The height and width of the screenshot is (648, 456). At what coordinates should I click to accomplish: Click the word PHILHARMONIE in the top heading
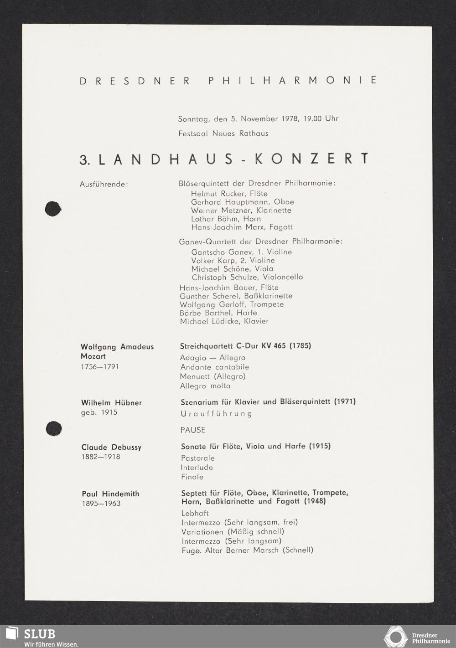tap(293, 80)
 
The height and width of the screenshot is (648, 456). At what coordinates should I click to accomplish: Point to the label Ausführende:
tap(104, 185)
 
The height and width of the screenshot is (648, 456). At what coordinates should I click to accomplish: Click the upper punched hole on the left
tap(53, 209)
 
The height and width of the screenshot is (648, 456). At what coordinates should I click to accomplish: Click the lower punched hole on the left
tap(54, 428)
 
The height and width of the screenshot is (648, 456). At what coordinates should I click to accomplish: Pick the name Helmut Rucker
tap(218, 194)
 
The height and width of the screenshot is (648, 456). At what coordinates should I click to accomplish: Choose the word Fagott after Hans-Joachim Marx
tap(281, 227)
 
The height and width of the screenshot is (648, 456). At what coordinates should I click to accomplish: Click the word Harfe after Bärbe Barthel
tap(247, 313)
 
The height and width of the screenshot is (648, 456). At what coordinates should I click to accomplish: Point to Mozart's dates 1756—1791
tap(100, 367)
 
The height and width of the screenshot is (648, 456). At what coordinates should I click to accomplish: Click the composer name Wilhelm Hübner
tap(111, 403)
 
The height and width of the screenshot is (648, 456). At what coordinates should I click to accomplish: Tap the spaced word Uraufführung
tap(216, 414)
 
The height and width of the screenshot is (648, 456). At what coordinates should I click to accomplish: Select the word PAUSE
tap(193, 430)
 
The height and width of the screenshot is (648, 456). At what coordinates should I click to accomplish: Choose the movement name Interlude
tap(197, 468)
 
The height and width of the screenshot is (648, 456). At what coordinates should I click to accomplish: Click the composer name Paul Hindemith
tap(110, 494)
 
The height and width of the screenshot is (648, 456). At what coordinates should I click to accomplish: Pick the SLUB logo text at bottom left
tap(39, 634)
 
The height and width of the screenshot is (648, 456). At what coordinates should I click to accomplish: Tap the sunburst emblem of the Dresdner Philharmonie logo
tap(395, 636)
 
